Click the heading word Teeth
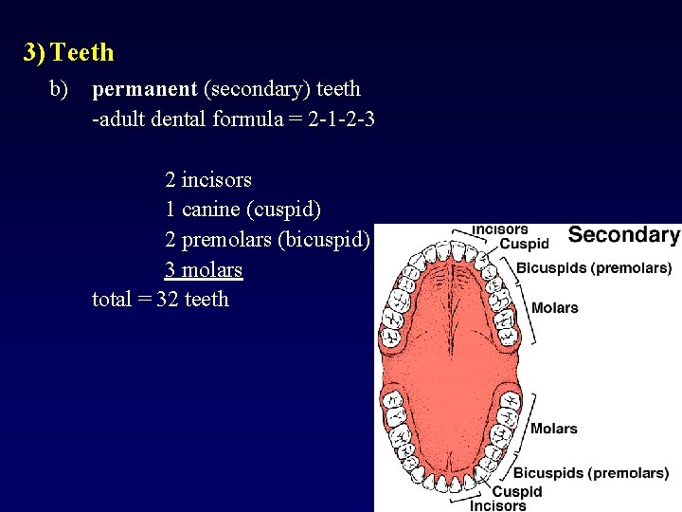click(x=83, y=52)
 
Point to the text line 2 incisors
click(x=207, y=179)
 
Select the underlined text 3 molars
click(x=204, y=270)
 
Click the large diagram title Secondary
click(x=623, y=236)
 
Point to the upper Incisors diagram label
click(x=500, y=229)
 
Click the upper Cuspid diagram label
click(x=524, y=244)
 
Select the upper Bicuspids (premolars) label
click(x=594, y=268)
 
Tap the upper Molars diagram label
click(x=554, y=307)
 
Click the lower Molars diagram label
click(x=554, y=429)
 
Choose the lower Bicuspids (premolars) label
click(x=591, y=472)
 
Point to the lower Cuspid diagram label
click(x=517, y=491)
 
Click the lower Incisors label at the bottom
click(x=498, y=505)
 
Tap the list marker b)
click(x=59, y=89)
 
